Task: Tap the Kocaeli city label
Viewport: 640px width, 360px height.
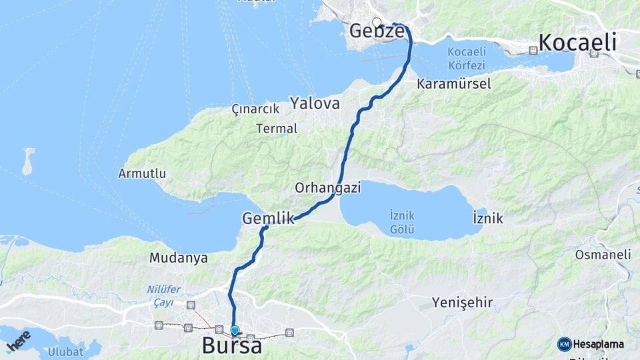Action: [x=577, y=43]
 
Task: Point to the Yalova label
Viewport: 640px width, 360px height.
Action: [x=315, y=103]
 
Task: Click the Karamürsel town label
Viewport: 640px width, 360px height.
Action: [x=453, y=84]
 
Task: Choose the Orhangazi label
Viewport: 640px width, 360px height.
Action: [x=327, y=188]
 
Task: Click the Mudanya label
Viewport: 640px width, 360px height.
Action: [x=178, y=257]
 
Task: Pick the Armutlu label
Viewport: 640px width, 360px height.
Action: [x=141, y=173]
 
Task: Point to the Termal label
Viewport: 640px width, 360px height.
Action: [x=277, y=129]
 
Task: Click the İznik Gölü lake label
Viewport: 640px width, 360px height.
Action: [x=402, y=222]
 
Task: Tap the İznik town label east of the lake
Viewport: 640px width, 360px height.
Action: [x=487, y=218]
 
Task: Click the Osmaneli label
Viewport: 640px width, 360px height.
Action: [x=603, y=254]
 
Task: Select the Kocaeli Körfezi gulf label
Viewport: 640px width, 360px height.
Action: [x=467, y=59]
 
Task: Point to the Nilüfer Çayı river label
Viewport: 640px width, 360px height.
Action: [x=159, y=296]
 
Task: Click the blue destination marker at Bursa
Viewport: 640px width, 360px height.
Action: [x=235, y=330]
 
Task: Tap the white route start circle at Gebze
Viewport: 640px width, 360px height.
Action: [x=377, y=22]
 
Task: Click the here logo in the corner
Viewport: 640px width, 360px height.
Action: [x=19, y=341]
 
